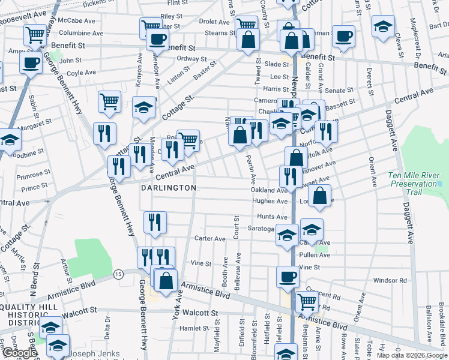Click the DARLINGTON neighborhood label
(x=169, y=188)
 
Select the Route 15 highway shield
(x=118, y=274)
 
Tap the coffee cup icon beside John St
(x=31, y=62)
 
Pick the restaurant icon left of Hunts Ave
(x=155, y=222)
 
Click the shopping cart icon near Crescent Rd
(x=307, y=302)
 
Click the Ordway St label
(x=192, y=59)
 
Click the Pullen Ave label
(x=317, y=255)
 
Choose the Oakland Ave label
(x=269, y=190)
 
